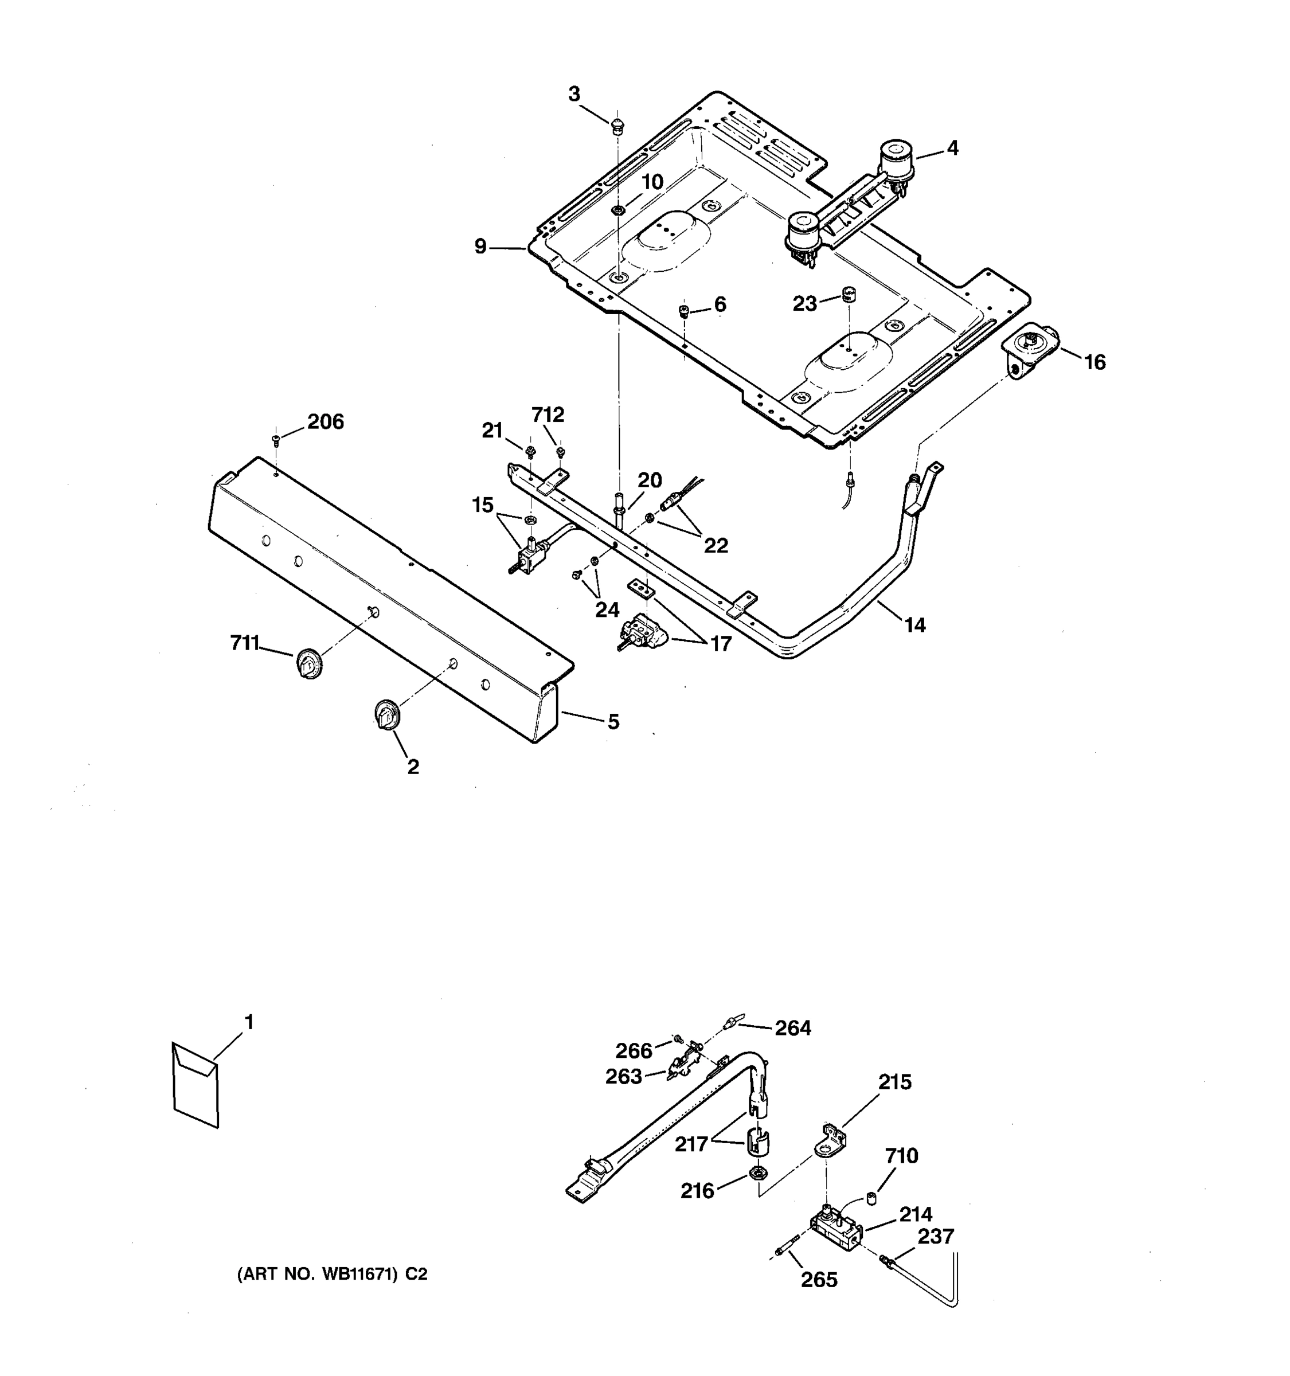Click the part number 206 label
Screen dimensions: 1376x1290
pyautogui.click(x=325, y=421)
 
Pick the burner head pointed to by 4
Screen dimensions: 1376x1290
pyautogui.click(x=896, y=161)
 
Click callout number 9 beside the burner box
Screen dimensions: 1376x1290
pyautogui.click(x=480, y=247)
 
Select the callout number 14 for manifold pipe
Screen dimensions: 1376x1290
pyautogui.click(x=914, y=625)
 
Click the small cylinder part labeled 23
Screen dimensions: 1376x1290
pyautogui.click(x=849, y=294)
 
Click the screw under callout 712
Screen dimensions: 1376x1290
pyautogui.click(x=561, y=453)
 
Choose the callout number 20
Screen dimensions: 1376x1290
pyautogui.click(x=649, y=480)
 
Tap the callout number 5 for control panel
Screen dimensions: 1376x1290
pyautogui.click(x=613, y=722)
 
